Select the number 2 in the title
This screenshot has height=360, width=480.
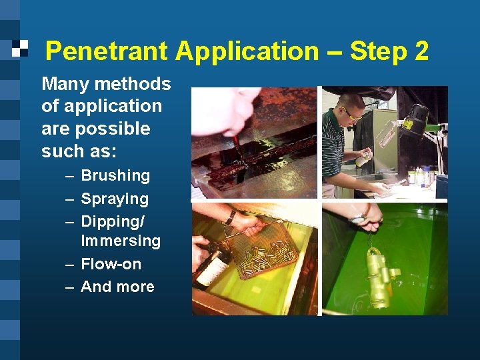coord(421,51)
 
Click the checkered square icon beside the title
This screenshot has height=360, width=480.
coord(21,47)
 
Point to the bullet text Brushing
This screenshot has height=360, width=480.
coord(115,176)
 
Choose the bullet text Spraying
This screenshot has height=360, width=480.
coord(115,199)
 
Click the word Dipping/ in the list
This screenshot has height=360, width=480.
coord(113,221)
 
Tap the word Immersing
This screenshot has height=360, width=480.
coord(121,241)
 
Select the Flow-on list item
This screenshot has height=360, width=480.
coord(111,264)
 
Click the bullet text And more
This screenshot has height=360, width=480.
coord(117,287)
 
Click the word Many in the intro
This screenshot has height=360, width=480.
coord(65,84)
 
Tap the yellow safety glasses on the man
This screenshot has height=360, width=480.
coord(350,114)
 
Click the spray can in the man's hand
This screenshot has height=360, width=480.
coord(364,157)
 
